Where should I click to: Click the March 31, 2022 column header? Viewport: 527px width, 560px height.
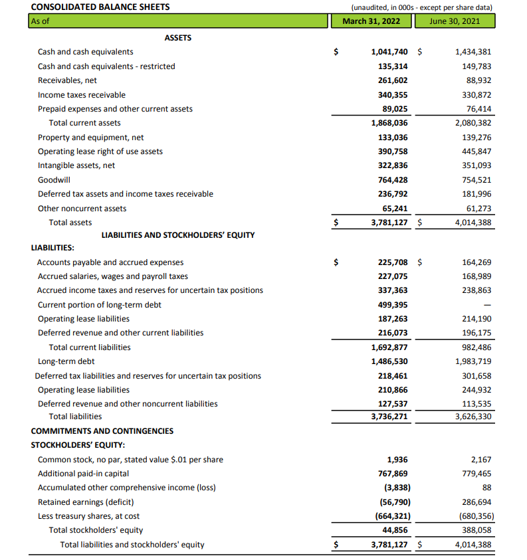tap(371, 21)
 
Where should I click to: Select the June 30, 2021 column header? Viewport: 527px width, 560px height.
tap(454, 21)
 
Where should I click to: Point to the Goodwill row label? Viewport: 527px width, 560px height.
tap(54, 179)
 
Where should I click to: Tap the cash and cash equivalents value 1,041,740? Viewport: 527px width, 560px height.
tap(389, 52)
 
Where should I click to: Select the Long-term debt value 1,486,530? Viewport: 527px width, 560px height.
tap(389, 361)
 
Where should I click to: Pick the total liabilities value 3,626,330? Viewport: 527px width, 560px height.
tap(473, 417)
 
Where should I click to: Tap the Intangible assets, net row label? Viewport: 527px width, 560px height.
tap(76, 165)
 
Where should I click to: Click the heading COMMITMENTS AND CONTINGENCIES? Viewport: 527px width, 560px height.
tap(102, 430)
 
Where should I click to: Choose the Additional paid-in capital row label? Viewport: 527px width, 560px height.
tap(84, 474)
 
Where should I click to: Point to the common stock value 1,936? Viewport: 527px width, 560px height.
tap(397, 460)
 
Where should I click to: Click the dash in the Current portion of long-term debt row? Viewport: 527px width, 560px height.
tap(486, 305)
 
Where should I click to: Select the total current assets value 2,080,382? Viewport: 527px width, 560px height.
tap(473, 123)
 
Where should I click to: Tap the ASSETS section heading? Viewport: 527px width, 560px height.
tap(177, 38)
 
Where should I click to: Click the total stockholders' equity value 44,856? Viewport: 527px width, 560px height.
tap(395, 530)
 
